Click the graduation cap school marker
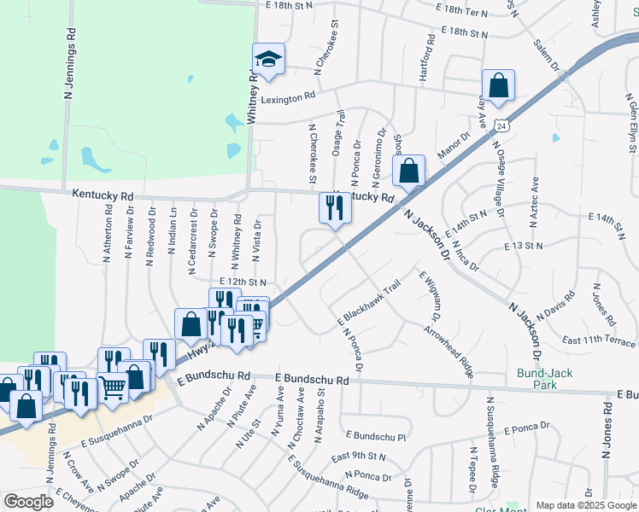(268, 60)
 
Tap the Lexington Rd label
(282, 99)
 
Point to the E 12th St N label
(243, 282)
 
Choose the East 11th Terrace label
(599, 341)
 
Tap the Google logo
(28, 502)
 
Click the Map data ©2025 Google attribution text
(585, 505)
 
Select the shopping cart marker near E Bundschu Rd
(114, 387)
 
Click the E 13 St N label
(524, 246)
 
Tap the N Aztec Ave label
(535, 201)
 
